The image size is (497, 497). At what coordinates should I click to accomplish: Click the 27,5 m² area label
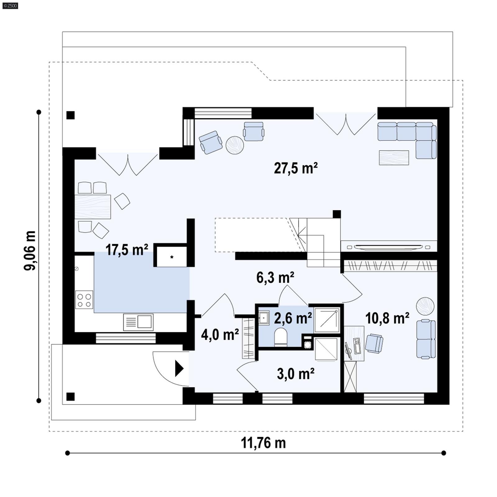pyautogui.click(x=295, y=168)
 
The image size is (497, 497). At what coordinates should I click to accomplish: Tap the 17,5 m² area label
pyautogui.click(x=127, y=250)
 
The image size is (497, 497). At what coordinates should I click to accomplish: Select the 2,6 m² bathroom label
pyautogui.click(x=293, y=318)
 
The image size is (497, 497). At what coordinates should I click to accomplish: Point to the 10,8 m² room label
pyautogui.click(x=387, y=318)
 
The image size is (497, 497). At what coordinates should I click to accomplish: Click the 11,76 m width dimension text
pyautogui.click(x=263, y=443)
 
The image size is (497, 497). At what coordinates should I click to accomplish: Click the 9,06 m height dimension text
pyautogui.click(x=30, y=250)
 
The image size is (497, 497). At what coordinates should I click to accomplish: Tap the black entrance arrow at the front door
pyautogui.click(x=179, y=368)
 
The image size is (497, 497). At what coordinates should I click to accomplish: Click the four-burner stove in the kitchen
pyautogui.click(x=84, y=300)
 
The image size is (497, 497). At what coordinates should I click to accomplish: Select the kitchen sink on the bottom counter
pyautogui.click(x=139, y=322)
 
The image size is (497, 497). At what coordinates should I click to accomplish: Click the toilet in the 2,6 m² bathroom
pyautogui.click(x=281, y=337)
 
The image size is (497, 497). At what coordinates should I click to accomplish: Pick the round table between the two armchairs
pyautogui.click(x=235, y=145)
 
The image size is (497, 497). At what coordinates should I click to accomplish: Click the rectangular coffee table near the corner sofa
pyautogui.click(x=394, y=157)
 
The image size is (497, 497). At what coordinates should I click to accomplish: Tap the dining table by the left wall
pyautogui.click(x=93, y=207)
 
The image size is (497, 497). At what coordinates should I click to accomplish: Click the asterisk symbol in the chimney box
pyautogui.click(x=172, y=257)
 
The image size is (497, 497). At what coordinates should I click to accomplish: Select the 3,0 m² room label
pyautogui.click(x=295, y=374)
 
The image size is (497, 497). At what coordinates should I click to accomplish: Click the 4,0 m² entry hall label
pyautogui.click(x=220, y=335)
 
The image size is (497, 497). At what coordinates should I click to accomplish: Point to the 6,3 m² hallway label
pyautogui.click(x=275, y=277)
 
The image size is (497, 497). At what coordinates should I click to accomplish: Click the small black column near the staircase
pyautogui.click(x=337, y=214)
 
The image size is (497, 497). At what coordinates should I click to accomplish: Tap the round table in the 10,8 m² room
pyautogui.click(x=425, y=306)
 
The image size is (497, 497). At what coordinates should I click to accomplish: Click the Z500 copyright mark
pyautogui.click(x=10, y=6)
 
